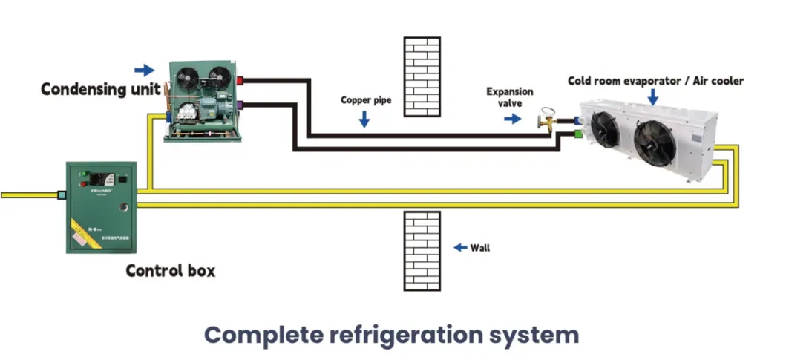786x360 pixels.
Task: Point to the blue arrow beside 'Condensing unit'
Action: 144,71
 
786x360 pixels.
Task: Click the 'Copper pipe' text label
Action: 365,99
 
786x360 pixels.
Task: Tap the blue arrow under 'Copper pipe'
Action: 364,119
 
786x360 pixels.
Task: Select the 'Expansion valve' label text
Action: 509,98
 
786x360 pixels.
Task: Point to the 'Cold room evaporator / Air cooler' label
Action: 655,81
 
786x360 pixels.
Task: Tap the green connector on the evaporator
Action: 576,134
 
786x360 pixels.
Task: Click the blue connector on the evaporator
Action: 576,119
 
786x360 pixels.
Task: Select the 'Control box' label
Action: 171,271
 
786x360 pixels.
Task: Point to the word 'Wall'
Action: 480,248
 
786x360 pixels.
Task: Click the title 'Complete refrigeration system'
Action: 391,335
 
